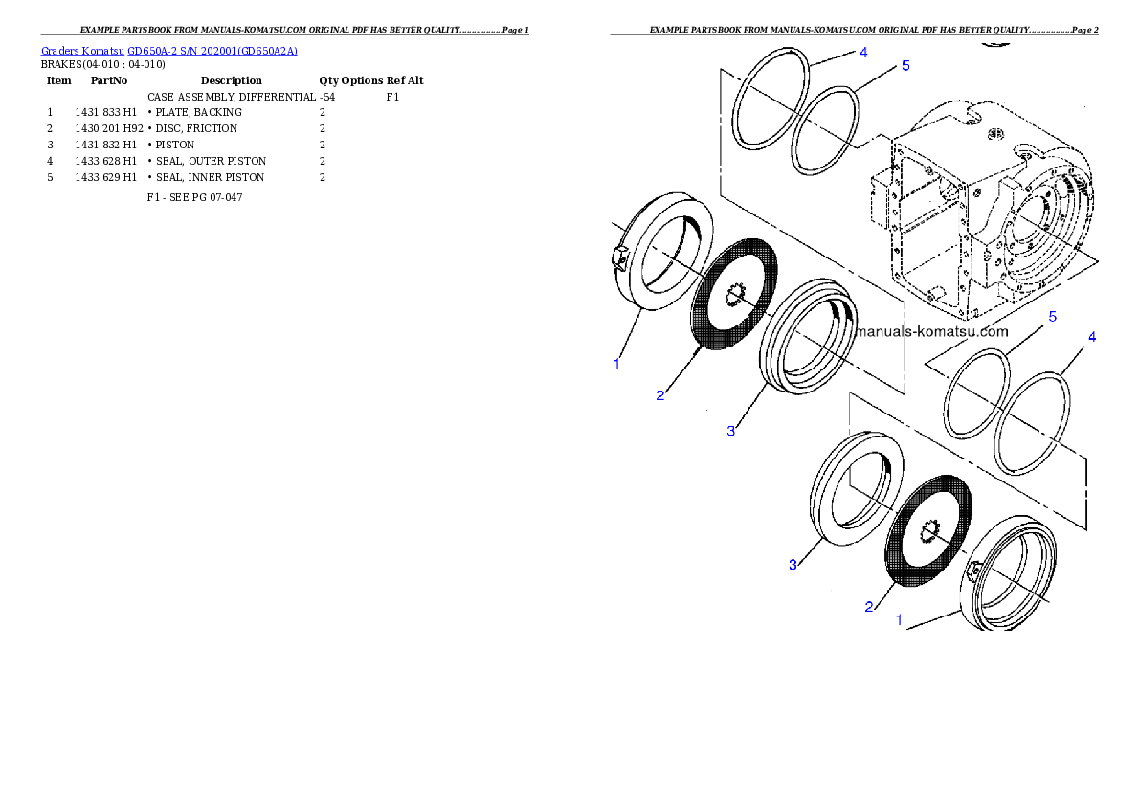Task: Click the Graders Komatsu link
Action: click(83, 51)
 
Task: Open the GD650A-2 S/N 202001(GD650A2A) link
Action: click(212, 51)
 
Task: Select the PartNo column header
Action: click(109, 80)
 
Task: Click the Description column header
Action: click(231, 80)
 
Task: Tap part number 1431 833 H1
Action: click(106, 113)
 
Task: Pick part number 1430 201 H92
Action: click(109, 128)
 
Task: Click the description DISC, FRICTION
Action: click(196, 128)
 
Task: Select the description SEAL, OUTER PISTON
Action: click(211, 162)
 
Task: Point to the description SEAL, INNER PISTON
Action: click(210, 177)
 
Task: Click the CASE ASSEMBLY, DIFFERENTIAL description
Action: click(232, 97)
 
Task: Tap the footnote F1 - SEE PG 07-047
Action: click(194, 198)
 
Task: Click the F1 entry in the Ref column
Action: click(392, 97)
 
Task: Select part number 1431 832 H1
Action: click(106, 145)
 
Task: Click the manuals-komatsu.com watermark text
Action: click(932, 331)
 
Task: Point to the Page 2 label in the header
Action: click(1084, 30)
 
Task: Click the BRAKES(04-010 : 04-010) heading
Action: click(103, 65)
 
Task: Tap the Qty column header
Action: click(328, 80)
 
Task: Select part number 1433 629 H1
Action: click(106, 177)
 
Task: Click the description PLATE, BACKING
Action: click(198, 113)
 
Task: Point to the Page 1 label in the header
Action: click(516, 30)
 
